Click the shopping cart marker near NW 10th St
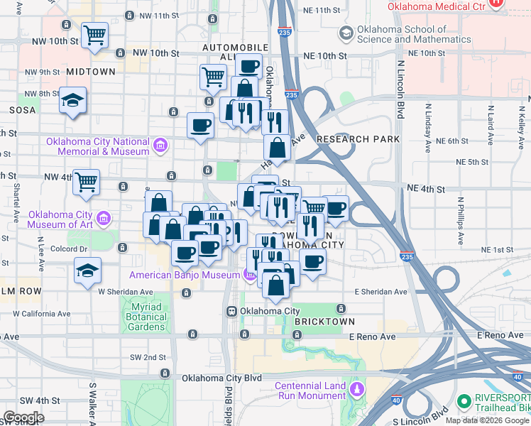coord(94,35)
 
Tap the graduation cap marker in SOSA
coord(72,100)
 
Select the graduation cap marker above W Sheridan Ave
coord(87,271)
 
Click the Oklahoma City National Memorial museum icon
coord(161,146)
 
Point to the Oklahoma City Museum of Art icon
coord(104,217)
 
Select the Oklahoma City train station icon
coord(231,311)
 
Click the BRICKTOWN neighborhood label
coord(324,322)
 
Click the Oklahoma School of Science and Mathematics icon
coord(346,33)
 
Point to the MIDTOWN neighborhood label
coord(91,72)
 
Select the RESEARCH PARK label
coord(358,139)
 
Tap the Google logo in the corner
coord(23,417)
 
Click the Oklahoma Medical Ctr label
coord(436,6)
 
